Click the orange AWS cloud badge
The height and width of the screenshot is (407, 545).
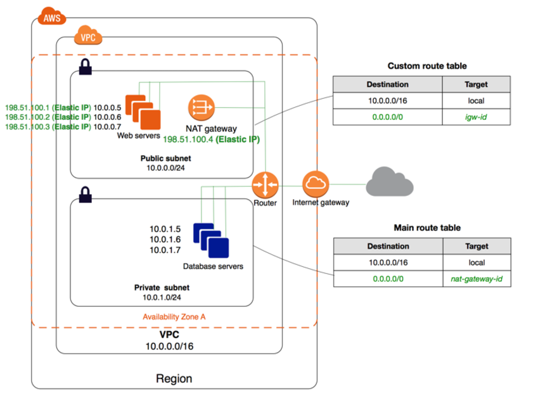pos(52,16)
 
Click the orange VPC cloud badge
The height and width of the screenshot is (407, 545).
pos(88,35)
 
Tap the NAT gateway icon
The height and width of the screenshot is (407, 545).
pos(202,108)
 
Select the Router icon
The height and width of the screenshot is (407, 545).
pos(265,185)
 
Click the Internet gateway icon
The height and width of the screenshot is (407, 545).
pos(316,184)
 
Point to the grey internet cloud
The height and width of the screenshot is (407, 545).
pos(390,181)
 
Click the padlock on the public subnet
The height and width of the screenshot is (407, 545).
pos(85,67)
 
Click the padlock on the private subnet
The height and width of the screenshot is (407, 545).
pos(85,195)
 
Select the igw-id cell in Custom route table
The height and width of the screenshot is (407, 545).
pos(476,117)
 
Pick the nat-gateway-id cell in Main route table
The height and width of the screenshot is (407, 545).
pos(477,279)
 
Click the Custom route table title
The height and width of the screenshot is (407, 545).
pos(427,66)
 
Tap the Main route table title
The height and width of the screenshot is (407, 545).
pos(427,228)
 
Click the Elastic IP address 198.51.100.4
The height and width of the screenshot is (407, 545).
pos(188,139)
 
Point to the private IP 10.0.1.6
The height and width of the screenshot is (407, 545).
pos(165,240)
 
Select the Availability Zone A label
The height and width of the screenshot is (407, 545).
pos(174,317)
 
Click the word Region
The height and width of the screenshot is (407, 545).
pos(174,378)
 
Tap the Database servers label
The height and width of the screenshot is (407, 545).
pos(213,266)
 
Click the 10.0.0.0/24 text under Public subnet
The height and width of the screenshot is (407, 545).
pos(165,168)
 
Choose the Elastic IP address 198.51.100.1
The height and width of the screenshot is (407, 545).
pos(27,108)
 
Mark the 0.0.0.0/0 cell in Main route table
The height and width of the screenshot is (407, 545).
pos(388,279)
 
